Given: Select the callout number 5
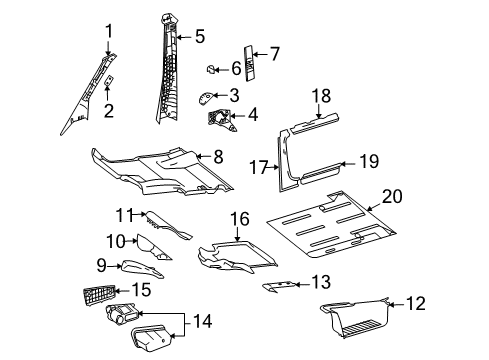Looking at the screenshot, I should tap(200, 37).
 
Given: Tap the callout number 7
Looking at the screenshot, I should tap(276, 53).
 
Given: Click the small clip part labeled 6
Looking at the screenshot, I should tap(212, 69).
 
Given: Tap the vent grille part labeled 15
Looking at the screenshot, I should tap(99, 296).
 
